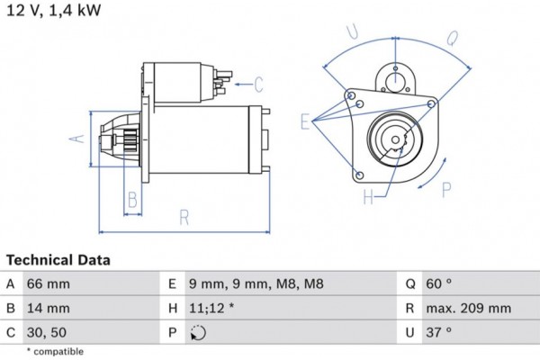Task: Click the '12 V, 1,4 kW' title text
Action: [x=53, y=12]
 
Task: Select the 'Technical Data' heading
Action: [x=58, y=260]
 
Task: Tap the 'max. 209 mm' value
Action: [x=468, y=309]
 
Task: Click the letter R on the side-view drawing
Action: [x=184, y=216]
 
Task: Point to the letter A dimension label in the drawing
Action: [x=76, y=138]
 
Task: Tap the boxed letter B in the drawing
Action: [x=131, y=198]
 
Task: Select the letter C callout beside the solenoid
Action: [x=257, y=85]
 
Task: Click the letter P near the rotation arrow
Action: [x=446, y=189]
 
